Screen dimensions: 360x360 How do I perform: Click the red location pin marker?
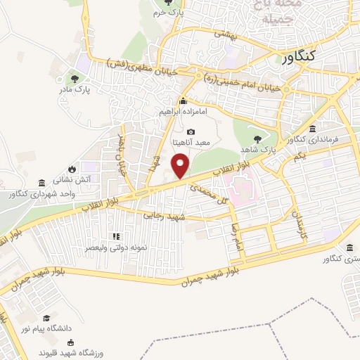point(181,167)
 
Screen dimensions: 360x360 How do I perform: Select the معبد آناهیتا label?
point(191,143)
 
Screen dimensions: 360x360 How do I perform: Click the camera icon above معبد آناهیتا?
point(191,131)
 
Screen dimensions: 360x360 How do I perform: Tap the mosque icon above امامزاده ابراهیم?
point(183,100)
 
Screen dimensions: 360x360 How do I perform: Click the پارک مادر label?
point(75,89)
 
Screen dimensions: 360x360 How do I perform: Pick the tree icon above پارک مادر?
point(75,78)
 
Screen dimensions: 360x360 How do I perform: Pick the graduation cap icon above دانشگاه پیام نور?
point(46,318)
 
